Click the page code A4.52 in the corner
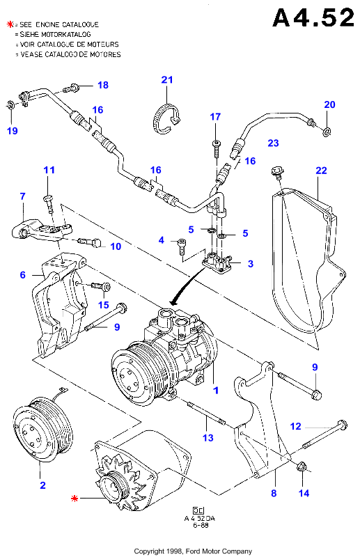[x=313, y=17]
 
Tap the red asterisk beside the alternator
[x=75, y=499]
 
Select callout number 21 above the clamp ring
[x=167, y=80]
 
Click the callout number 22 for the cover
[x=321, y=171]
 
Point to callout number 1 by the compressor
[x=216, y=391]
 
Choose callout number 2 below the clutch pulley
[x=42, y=485]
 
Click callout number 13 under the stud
[x=208, y=438]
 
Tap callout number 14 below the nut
[x=304, y=493]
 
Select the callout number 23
[x=273, y=143]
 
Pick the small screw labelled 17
[x=216, y=148]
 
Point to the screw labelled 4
[x=182, y=246]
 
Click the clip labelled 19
[x=10, y=106]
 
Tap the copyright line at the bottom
[x=193, y=551]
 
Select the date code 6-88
[x=201, y=525]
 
